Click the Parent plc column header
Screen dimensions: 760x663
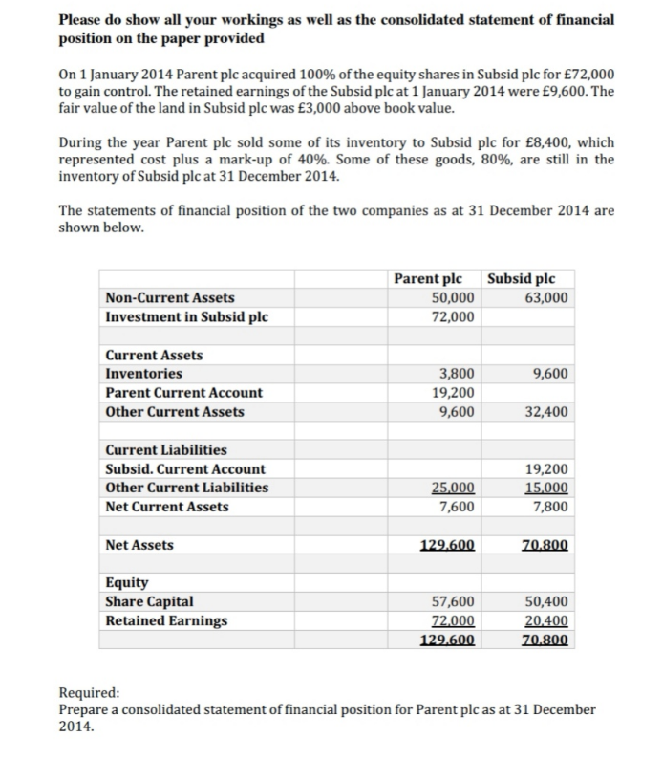[435, 279]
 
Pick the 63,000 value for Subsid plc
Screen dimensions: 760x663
[547, 298]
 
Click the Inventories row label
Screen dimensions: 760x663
[143, 374]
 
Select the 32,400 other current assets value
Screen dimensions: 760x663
[547, 412]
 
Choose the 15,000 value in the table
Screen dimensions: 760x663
[547, 488]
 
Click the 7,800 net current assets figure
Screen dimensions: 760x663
[551, 507]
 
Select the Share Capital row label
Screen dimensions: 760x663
[149, 602]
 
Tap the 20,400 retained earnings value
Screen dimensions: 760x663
[547, 621]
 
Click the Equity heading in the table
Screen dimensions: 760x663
[127, 583]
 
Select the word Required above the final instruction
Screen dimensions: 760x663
[89, 692]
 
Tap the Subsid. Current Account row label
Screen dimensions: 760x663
[185, 469]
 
